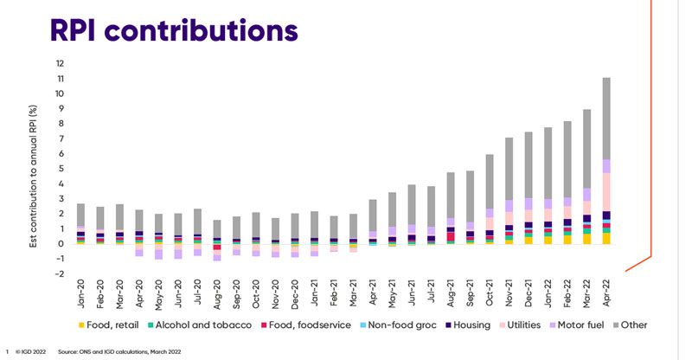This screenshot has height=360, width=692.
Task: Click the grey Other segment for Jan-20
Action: (80, 216)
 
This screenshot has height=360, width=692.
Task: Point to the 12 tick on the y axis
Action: (61, 63)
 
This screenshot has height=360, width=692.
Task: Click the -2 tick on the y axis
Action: (59, 273)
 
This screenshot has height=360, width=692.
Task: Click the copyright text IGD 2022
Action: (31, 351)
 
